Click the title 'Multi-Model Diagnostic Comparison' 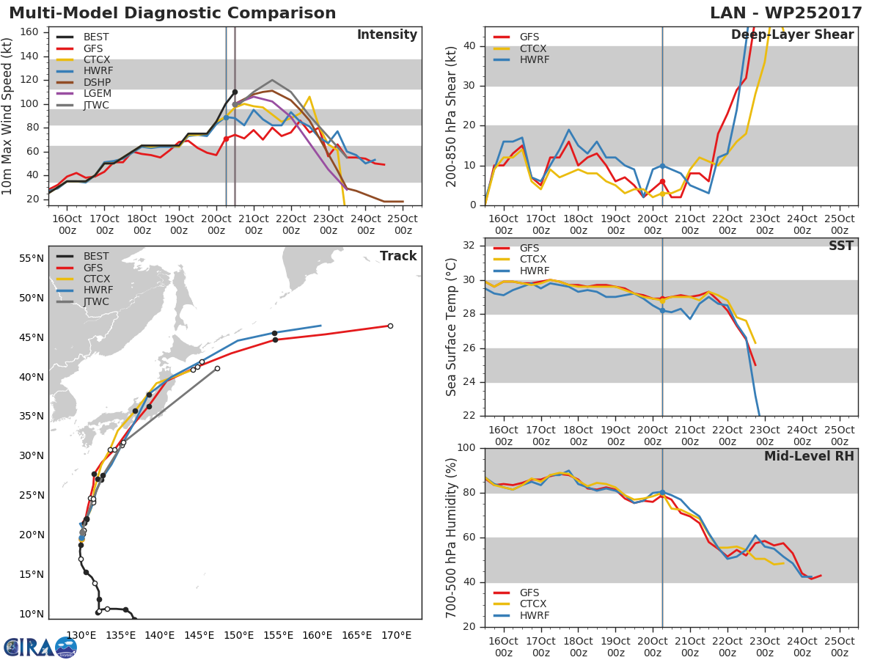pyautogui.click(x=172, y=13)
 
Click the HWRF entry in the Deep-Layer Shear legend pyautogui.click(x=534, y=59)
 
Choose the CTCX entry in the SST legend pyautogui.click(x=534, y=259)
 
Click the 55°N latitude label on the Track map pyautogui.click(x=31, y=258)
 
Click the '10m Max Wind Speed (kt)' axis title pyautogui.click(x=9, y=115)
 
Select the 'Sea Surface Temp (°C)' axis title pyautogui.click(x=452, y=327)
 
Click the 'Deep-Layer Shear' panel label pyautogui.click(x=792, y=35)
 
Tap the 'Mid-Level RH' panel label pyautogui.click(x=808, y=456)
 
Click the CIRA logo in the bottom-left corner pyautogui.click(x=40, y=647)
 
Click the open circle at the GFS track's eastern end pyautogui.click(x=390, y=326)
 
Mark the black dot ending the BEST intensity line pyautogui.click(x=235, y=92)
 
